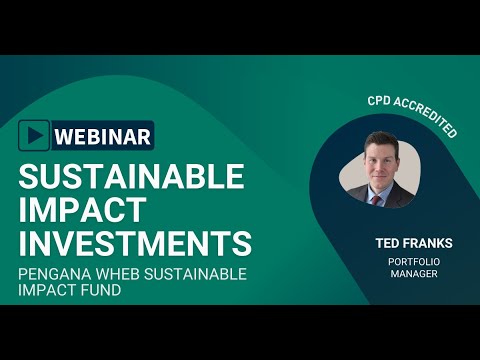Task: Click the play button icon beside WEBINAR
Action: click(x=34, y=135)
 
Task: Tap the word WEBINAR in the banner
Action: click(x=103, y=136)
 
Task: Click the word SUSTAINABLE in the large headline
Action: click(x=132, y=176)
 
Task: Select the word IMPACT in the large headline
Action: click(x=82, y=210)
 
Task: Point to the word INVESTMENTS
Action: click(x=135, y=243)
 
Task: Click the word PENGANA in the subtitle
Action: click(x=55, y=274)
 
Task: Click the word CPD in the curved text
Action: click(x=379, y=101)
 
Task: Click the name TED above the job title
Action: click(x=387, y=243)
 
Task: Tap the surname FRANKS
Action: click(x=428, y=243)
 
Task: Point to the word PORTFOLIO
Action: click(x=414, y=262)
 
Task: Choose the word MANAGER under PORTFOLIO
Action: click(x=414, y=274)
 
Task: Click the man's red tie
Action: click(x=376, y=200)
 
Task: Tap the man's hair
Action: click(x=382, y=140)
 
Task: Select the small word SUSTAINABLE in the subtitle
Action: click(x=195, y=274)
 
